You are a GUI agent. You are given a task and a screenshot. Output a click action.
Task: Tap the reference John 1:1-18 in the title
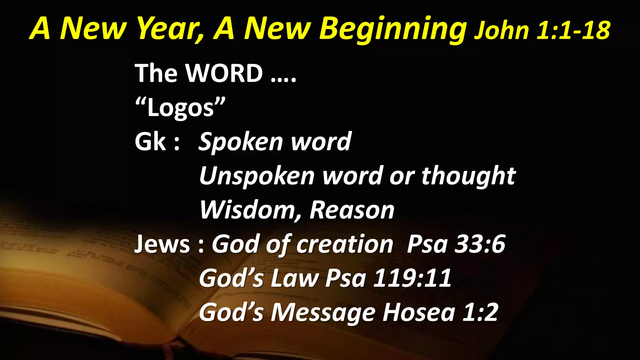(x=542, y=30)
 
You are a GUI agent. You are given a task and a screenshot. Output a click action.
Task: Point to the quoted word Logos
(x=181, y=108)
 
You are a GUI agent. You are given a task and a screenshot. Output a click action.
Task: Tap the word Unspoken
(x=256, y=176)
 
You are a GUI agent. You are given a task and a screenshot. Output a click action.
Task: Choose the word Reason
(x=352, y=210)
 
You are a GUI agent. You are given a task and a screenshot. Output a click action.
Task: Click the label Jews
(x=162, y=244)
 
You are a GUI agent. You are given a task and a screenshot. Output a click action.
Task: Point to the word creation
(x=344, y=244)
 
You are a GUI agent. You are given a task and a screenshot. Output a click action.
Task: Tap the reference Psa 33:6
(x=456, y=244)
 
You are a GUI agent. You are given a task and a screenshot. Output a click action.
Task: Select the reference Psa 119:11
(x=388, y=278)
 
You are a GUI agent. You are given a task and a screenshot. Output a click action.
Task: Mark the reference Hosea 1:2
(x=440, y=312)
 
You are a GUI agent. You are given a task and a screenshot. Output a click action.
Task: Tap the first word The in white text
(x=156, y=73)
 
